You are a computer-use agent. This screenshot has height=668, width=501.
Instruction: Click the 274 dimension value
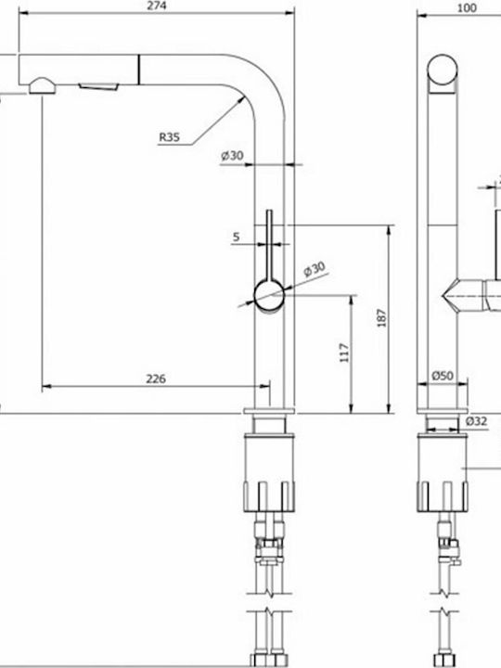(x=158, y=6)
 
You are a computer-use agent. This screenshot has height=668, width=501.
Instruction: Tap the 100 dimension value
(x=467, y=8)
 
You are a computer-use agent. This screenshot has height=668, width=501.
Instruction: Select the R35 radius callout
(x=170, y=137)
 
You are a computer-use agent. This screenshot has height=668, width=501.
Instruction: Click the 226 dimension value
(x=156, y=379)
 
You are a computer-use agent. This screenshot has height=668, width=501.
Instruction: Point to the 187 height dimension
(x=381, y=318)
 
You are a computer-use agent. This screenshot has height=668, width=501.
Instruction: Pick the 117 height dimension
(x=344, y=353)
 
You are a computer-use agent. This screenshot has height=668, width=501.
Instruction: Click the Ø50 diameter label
(x=443, y=376)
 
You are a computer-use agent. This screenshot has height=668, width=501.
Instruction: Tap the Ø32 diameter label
(x=476, y=421)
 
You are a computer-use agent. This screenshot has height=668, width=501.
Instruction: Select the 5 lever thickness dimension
(x=237, y=237)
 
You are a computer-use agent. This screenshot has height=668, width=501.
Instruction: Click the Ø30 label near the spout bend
(x=232, y=156)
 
